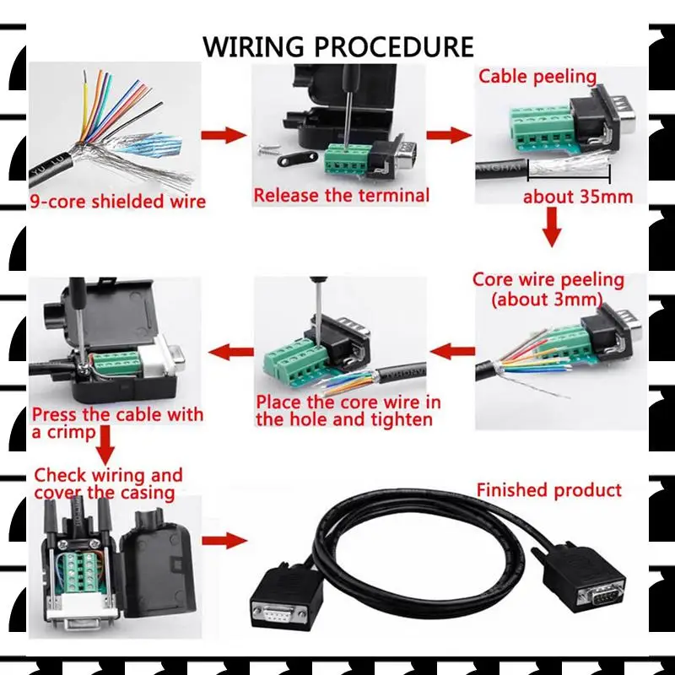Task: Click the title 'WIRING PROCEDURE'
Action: (x=338, y=46)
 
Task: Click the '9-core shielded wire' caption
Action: (x=118, y=202)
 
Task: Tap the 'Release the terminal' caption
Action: (x=342, y=196)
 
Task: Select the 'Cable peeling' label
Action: (x=537, y=77)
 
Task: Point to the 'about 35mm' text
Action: (x=578, y=197)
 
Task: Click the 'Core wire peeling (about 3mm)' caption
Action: (x=548, y=289)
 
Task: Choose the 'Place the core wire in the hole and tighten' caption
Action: (x=348, y=410)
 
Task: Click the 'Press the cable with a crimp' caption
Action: (x=117, y=423)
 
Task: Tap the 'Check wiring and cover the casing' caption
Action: (x=108, y=484)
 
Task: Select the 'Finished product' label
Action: (x=548, y=490)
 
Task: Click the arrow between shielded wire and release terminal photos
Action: (x=223, y=135)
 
